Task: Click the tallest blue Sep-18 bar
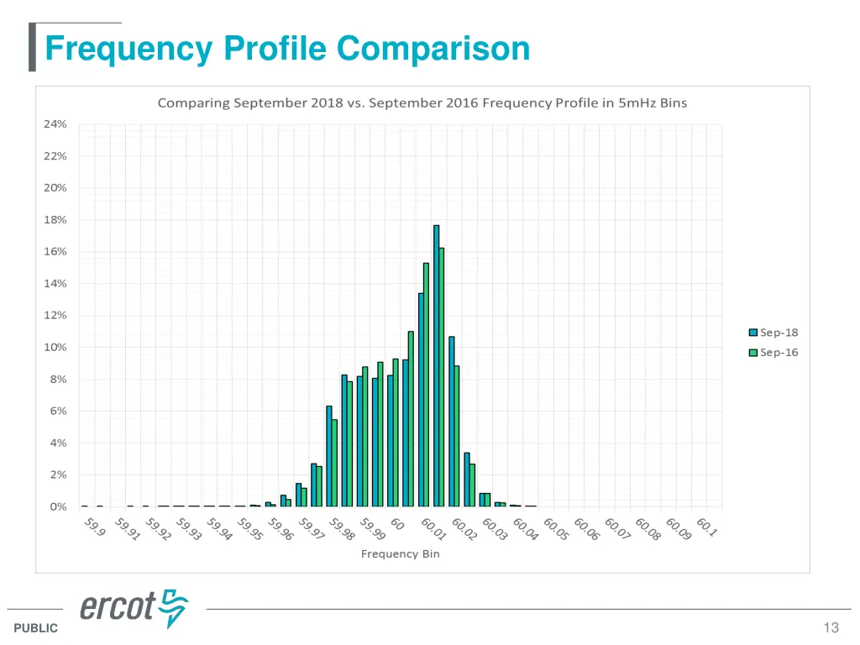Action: (x=437, y=365)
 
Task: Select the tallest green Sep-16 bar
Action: (x=442, y=377)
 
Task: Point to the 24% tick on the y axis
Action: (x=55, y=123)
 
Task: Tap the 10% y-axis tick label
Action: (x=55, y=347)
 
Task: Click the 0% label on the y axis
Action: (x=58, y=506)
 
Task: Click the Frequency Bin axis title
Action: (x=401, y=554)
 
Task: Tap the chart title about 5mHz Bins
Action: (x=422, y=103)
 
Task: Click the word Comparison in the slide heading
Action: (x=433, y=48)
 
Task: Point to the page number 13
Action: (x=831, y=628)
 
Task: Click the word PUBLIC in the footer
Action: (x=36, y=628)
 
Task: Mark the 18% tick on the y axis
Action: (x=55, y=219)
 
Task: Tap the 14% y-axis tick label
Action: (x=55, y=283)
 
